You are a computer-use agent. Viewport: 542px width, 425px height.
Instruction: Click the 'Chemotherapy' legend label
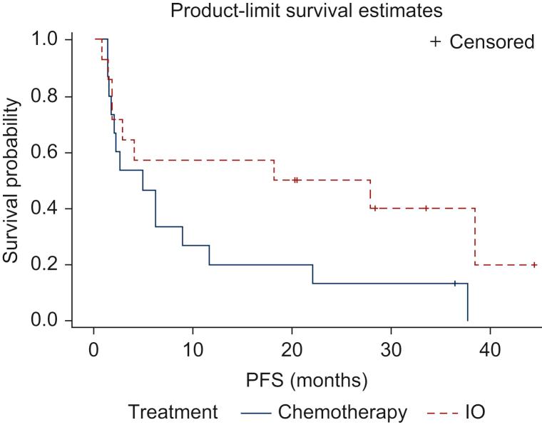click(x=343, y=412)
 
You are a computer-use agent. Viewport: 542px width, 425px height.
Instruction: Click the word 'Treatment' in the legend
click(x=173, y=412)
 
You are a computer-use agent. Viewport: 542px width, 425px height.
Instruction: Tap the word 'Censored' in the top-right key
click(x=491, y=42)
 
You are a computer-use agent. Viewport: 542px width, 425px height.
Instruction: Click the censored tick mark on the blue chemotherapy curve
click(x=454, y=284)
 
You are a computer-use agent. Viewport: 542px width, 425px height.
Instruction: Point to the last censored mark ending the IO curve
click(x=534, y=265)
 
